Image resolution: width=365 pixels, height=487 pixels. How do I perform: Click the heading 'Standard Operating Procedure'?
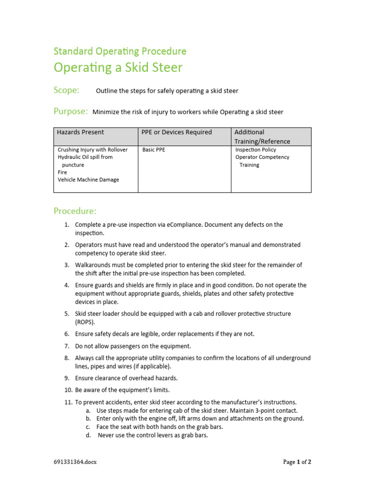(120, 51)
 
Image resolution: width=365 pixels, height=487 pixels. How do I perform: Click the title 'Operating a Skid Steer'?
(118, 68)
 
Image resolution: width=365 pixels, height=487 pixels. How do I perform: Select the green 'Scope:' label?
(67, 90)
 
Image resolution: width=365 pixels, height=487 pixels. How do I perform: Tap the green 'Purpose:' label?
(70, 111)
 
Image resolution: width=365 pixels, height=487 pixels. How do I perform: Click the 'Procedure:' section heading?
(75, 211)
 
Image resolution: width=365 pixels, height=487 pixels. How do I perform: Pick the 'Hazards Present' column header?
(80, 132)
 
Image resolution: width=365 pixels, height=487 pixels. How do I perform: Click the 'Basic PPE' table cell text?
(154, 150)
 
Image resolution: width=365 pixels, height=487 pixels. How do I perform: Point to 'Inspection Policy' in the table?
(256, 150)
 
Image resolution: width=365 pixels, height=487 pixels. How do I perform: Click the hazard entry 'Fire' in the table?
(62, 172)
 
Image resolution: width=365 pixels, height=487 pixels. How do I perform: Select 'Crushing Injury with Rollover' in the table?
(93, 150)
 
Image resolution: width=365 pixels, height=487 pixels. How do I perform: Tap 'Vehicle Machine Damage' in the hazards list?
(88, 180)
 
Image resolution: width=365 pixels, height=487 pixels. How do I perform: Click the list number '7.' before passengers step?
(67, 346)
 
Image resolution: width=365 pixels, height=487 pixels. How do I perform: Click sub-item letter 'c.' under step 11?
(88, 427)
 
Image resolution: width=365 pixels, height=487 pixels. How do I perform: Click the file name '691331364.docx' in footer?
(75, 462)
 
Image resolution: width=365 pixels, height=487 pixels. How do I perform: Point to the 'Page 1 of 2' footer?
(297, 462)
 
